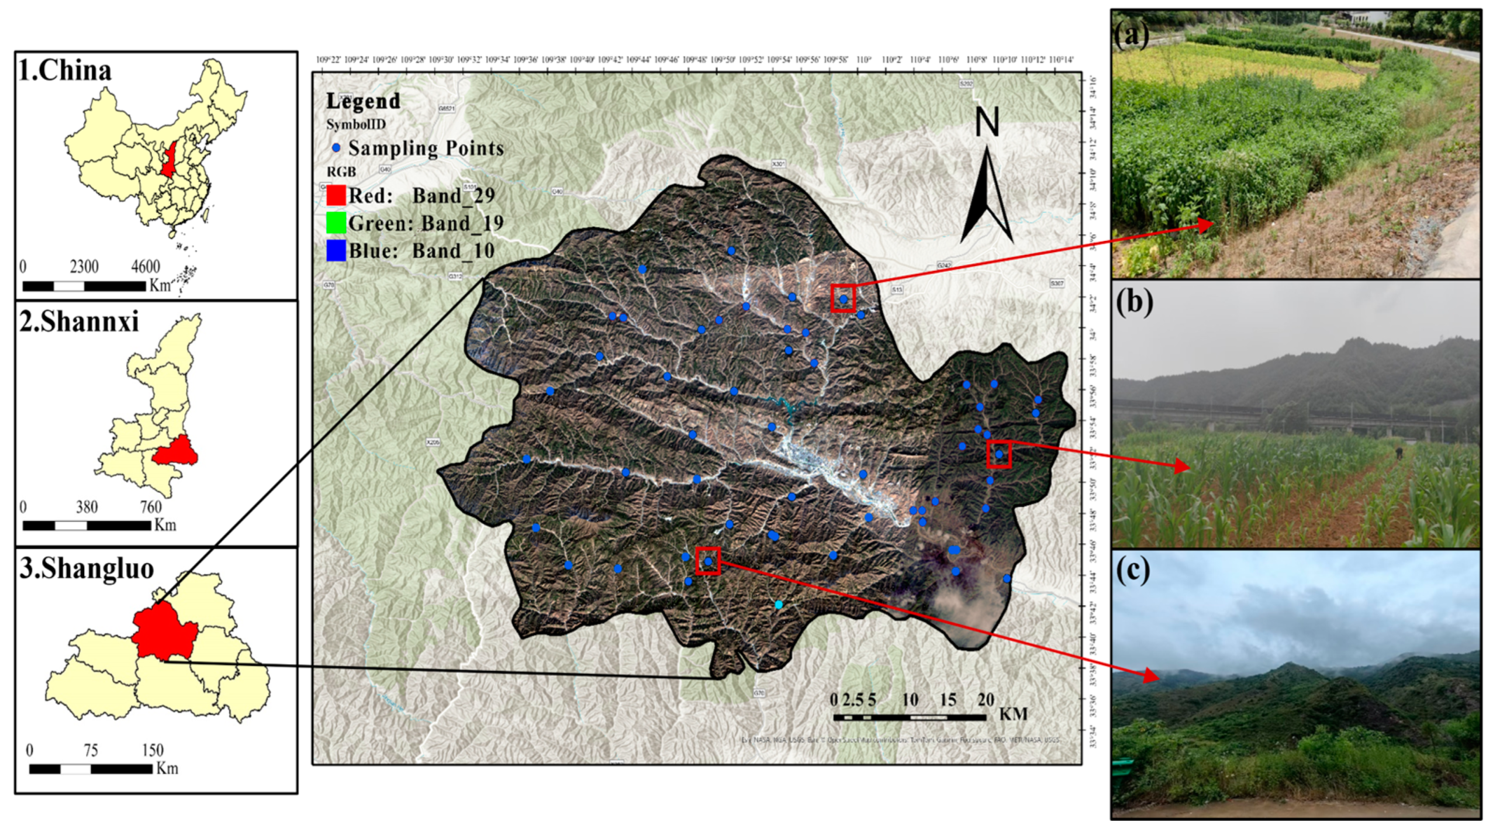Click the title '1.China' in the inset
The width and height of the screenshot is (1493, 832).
tap(65, 71)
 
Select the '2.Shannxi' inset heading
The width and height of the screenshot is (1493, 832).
tap(79, 322)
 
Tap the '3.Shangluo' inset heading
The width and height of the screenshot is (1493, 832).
tap(87, 568)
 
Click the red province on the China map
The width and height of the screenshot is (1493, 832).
tap(170, 160)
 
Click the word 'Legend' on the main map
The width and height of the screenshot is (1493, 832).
tap(363, 101)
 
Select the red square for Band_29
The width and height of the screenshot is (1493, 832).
tap(336, 195)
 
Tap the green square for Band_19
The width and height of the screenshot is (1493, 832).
tap(336, 223)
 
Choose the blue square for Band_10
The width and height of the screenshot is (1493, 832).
tap(336, 251)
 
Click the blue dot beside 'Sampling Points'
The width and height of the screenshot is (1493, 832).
tap(336, 149)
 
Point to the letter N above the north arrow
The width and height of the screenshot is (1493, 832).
tap(987, 123)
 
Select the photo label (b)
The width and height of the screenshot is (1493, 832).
tap(1134, 303)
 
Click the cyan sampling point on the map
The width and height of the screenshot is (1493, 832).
tap(778, 605)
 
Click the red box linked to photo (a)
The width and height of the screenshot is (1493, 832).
tap(843, 298)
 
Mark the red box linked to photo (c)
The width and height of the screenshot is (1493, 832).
tap(708, 561)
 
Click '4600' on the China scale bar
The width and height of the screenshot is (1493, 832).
tap(145, 267)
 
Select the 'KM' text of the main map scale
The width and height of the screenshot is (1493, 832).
tap(1013, 714)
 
